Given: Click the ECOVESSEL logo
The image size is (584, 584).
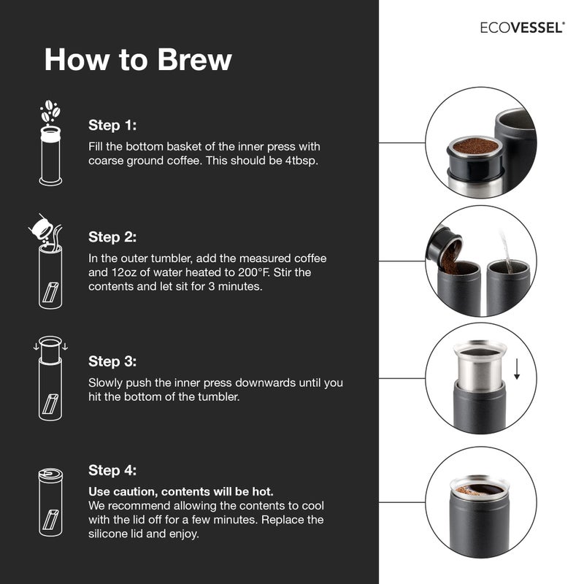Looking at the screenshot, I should click(521, 27).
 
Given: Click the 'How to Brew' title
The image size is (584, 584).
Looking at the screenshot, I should click(137, 60).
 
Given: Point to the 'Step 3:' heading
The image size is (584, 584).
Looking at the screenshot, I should click(112, 361).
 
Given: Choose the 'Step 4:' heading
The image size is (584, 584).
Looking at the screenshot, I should click(112, 469).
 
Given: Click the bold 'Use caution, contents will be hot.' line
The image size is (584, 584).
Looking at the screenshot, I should click(181, 491).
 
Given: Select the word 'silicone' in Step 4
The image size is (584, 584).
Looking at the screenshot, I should click(110, 534).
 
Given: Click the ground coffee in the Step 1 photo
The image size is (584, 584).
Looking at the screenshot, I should click(475, 146).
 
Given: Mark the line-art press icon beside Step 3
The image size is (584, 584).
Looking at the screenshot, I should click(50, 380).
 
